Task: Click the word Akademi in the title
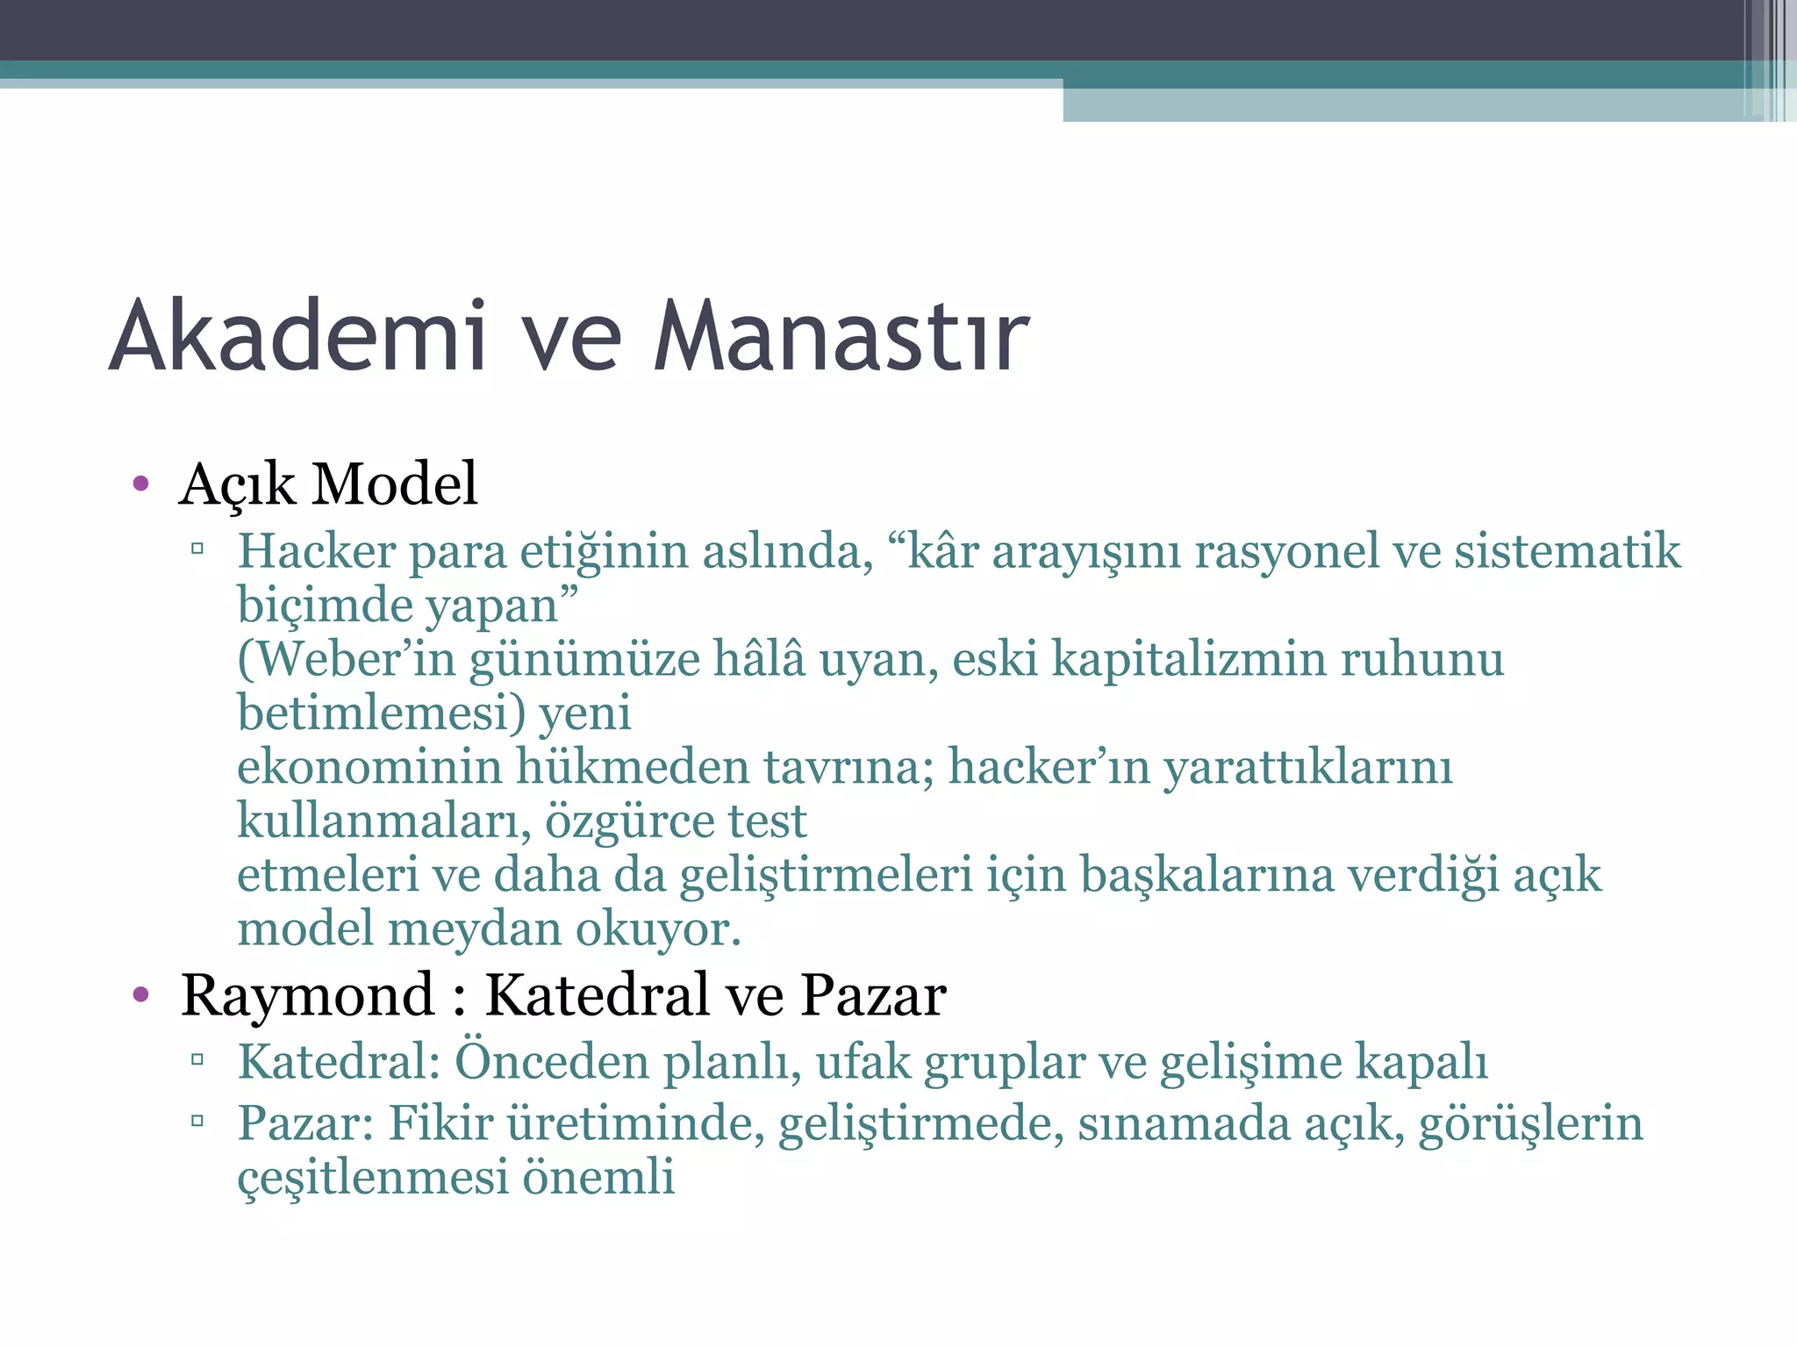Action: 298,336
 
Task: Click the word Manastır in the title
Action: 841,336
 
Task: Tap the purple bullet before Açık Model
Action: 140,484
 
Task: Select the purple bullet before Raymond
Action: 140,994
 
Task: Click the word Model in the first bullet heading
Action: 395,484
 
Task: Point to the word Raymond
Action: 307,996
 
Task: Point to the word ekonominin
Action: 369,767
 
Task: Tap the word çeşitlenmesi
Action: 373,1177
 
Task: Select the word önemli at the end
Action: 598,1177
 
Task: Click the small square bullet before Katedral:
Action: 197,1059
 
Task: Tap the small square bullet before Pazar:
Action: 197,1121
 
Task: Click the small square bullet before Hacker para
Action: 197,550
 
